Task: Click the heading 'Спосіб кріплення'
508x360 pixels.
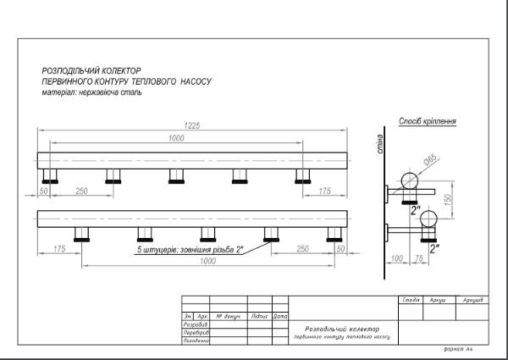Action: pos(428,121)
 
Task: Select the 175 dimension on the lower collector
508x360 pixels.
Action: pos(59,249)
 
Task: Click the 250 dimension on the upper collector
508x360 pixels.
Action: pos(82,192)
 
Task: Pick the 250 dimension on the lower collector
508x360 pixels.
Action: pos(302,249)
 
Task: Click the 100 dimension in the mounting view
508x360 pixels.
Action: pos(395,258)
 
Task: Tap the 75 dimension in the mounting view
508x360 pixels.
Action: pos(418,258)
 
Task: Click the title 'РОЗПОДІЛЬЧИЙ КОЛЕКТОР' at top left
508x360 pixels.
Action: pos(91,71)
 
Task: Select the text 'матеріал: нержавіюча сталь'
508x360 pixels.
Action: pos(91,92)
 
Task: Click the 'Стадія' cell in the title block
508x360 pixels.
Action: pos(412,300)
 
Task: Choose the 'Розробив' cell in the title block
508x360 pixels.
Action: pos(196,324)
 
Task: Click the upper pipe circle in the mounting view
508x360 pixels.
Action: pos(411,180)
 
